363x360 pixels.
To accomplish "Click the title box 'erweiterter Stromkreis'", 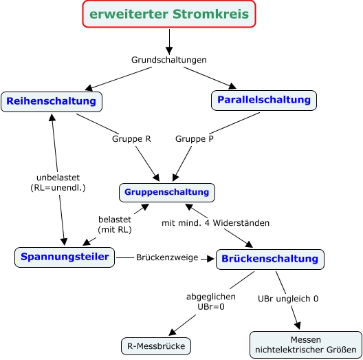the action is pyautogui.click(x=169, y=14).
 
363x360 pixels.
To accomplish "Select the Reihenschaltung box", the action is pyautogui.click(x=52, y=102).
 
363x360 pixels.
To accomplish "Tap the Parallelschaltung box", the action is pyautogui.click(x=264, y=100).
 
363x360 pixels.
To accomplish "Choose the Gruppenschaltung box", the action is pyautogui.click(x=167, y=193).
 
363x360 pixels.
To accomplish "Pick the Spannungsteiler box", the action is pyautogui.click(x=65, y=257).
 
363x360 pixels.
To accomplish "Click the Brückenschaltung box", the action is pyautogui.click(x=270, y=260).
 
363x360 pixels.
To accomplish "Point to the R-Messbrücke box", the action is pyautogui.click(x=156, y=346).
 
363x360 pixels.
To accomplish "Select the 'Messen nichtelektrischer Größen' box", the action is pyautogui.click(x=306, y=345).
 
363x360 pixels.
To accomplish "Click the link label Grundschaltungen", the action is pyautogui.click(x=169, y=60).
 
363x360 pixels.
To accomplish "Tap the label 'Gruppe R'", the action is pyautogui.click(x=131, y=139).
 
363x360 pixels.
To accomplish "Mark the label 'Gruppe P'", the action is pyautogui.click(x=195, y=139).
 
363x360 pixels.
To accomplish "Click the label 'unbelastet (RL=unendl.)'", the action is pyautogui.click(x=58, y=182).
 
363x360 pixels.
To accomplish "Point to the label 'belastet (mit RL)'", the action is pyautogui.click(x=115, y=224).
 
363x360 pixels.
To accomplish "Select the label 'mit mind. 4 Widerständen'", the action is pyautogui.click(x=216, y=223).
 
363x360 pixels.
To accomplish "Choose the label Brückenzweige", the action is pyautogui.click(x=167, y=257).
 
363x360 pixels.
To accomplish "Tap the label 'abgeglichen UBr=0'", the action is pyautogui.click(x=211, y=301).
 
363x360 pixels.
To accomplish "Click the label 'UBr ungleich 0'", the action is pyautogui.click(x=288, y=299).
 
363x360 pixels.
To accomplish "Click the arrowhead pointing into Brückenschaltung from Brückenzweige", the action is pyautogui.click(x=210, y=259).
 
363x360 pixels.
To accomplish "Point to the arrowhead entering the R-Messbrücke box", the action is pyautogui.click(x=173, y=332).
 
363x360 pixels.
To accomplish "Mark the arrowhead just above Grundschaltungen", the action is pyautogui.click(x=169, y=50).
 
